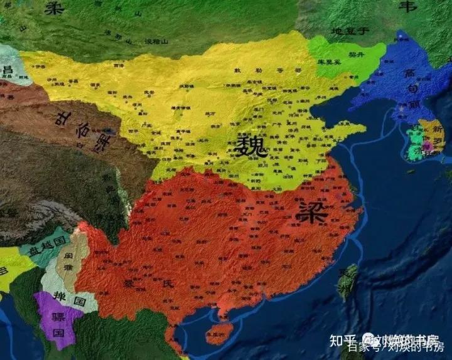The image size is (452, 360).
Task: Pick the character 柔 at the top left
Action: point(55,8)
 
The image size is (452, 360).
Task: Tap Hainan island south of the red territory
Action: point(219,331)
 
